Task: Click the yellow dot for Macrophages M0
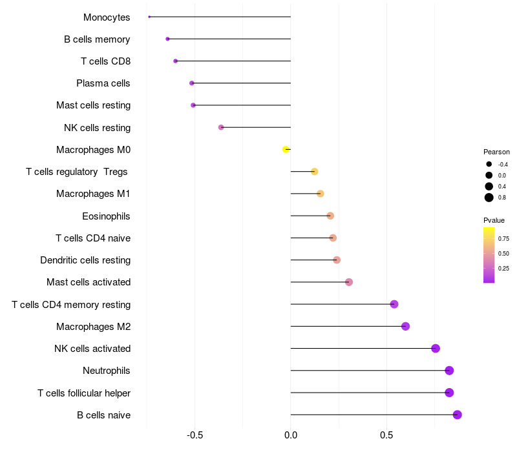point(286,149)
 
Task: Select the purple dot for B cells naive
point(458,415)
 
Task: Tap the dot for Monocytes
point(149,17)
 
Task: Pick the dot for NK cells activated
point(436,349)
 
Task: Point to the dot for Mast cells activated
point(349,282)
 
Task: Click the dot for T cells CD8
point(175,61)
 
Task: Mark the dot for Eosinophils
point(330,216)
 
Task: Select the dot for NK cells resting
point(221,127)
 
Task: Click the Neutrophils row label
point(106,371)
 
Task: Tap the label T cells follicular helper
point(84,393)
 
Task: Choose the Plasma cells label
point(103,83)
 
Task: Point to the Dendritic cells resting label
point(85,260)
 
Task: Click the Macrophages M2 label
point(93,327)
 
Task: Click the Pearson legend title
point(496,152)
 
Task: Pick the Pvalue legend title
point(494,220)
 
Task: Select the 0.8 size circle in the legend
point(489,198)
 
